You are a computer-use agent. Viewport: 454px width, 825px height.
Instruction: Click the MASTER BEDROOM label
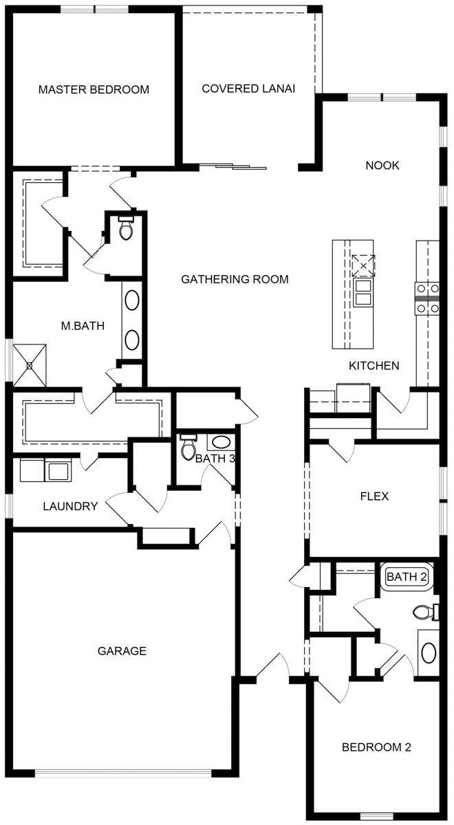[x=94, y=89]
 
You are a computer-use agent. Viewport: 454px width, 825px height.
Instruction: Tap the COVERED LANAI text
[x=248, y=89]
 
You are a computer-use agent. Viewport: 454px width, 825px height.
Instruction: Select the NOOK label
[x=382, y=166]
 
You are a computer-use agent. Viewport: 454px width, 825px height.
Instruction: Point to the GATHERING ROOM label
[x=235, y=279]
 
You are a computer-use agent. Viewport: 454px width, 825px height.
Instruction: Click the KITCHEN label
[x=374, y=366]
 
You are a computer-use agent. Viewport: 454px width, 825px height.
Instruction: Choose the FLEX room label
[x=374, y=496]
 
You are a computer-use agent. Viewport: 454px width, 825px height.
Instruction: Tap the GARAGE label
[x=122, y=651]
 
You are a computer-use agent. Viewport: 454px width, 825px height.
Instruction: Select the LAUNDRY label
[x=70, y=507]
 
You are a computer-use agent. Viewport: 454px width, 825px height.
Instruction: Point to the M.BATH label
[x=83, y=326]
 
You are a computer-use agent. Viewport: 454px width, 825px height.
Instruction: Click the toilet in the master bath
[x=126, y=228]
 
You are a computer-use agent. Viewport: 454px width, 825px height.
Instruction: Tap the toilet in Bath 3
[x=188, y=446]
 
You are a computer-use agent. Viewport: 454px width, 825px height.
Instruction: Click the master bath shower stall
[x=30, y=365]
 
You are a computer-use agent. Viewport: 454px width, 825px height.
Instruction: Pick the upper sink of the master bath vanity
[x=132, y=300]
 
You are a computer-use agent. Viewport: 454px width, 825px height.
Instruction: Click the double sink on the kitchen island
[x=363, y=292]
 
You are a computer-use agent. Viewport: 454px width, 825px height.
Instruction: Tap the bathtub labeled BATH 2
[x=407, y=576]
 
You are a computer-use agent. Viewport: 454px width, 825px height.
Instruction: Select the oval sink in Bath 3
[x=221, y=442]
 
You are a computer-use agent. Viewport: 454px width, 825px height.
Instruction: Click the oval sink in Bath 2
[x=429, y=652]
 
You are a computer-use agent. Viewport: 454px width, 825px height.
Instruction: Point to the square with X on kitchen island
[x=363, y=265]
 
